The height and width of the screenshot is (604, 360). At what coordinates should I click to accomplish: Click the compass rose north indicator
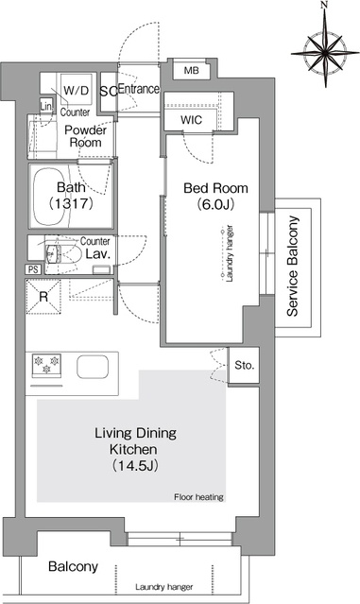[325, 6]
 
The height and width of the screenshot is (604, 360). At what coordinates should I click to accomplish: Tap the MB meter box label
[192, 71]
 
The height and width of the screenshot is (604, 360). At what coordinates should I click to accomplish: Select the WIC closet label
[191, 120]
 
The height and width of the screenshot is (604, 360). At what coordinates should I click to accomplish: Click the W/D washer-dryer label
[76, 91]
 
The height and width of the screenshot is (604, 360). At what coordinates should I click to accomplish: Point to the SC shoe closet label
[109, 92]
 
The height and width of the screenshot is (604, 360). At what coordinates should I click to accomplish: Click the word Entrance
[138, 89]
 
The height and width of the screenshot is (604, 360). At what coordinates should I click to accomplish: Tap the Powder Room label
[85, 136]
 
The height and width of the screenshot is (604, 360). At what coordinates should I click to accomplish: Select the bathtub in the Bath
[51, 197]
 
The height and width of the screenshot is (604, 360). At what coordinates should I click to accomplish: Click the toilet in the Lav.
[63, 254]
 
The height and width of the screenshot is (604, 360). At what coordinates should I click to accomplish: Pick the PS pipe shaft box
[33, 269]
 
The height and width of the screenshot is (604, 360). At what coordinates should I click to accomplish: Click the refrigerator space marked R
[43, 297]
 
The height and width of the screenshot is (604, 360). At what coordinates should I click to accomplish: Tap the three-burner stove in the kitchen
[46, 365]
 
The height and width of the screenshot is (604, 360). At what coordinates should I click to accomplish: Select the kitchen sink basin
[93, 367]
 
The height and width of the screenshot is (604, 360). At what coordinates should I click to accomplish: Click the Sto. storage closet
[244, 365]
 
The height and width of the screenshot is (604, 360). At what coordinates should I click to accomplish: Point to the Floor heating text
[198, 497]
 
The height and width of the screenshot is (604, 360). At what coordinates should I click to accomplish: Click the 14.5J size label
[135, 466]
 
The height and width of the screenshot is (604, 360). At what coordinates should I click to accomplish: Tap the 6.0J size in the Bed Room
[215, 204]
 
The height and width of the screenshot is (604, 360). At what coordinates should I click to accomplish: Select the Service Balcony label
[293, 267]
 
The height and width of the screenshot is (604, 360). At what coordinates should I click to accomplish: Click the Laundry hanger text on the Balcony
[164, 587]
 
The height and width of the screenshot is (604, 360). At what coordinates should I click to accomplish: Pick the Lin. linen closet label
[45, 106]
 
